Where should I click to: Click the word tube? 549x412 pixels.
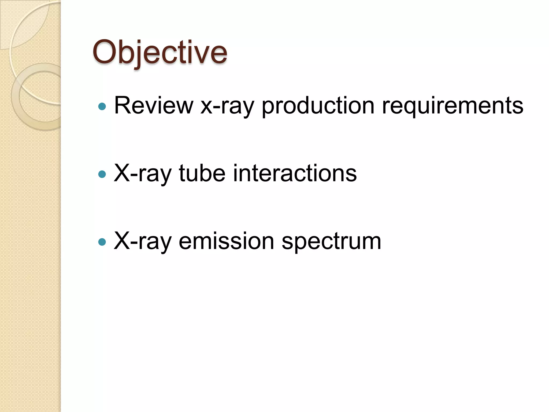202,173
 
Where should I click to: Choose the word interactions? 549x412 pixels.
295,173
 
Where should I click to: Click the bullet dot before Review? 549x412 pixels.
102,107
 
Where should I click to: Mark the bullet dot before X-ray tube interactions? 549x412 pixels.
102,175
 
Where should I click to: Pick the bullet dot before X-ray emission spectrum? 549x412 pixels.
102,242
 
